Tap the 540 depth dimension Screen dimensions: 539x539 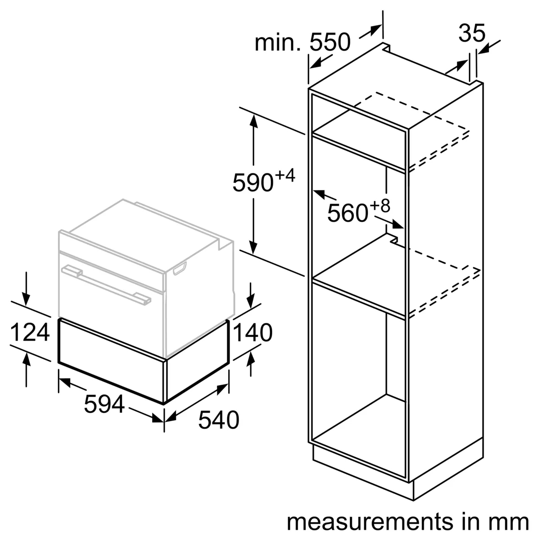(219, 420)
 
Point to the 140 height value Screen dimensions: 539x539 (252, 333)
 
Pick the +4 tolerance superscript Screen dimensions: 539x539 (285, 176)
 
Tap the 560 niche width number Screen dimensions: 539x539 (347, 213)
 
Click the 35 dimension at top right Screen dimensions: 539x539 (472, 34)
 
